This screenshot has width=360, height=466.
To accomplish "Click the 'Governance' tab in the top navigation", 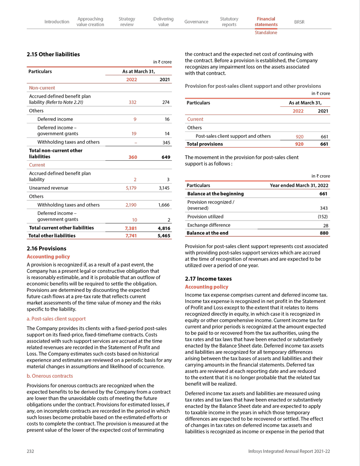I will [x=196, y=22].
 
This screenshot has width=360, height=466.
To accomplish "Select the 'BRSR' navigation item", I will [x=299, y=22].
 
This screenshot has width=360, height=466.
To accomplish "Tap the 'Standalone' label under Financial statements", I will [x=266, y=32].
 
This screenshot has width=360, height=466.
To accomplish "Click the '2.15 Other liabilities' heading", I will [x=53, y=54].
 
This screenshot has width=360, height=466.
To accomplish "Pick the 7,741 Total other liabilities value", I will [x=130, y=235].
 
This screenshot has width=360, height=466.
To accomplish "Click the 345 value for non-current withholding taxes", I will [x=165, y=142].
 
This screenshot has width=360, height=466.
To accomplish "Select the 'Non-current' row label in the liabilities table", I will [x=42, y=88].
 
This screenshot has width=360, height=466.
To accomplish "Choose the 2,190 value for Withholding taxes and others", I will [x=130, y=205].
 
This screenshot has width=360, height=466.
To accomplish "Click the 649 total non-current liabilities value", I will [x=165, y=157].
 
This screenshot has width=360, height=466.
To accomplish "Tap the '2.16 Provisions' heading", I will [x=46, y=249].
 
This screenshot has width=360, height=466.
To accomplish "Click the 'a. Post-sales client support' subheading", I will [x=56, y=319].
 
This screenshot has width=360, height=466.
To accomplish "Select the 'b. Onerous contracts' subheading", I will [x=49, y=376].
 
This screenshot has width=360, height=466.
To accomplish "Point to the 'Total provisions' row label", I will [x=205, y=144].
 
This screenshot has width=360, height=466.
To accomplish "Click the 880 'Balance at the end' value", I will [x=323, y=233].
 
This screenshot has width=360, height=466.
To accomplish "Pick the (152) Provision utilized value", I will [x=322, y=217].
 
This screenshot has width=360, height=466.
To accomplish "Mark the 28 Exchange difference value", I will [x=325, y=225].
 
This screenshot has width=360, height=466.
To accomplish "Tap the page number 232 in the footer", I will [x=31, y=451].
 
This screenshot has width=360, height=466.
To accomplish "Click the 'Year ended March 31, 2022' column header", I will [x=299, y=185].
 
